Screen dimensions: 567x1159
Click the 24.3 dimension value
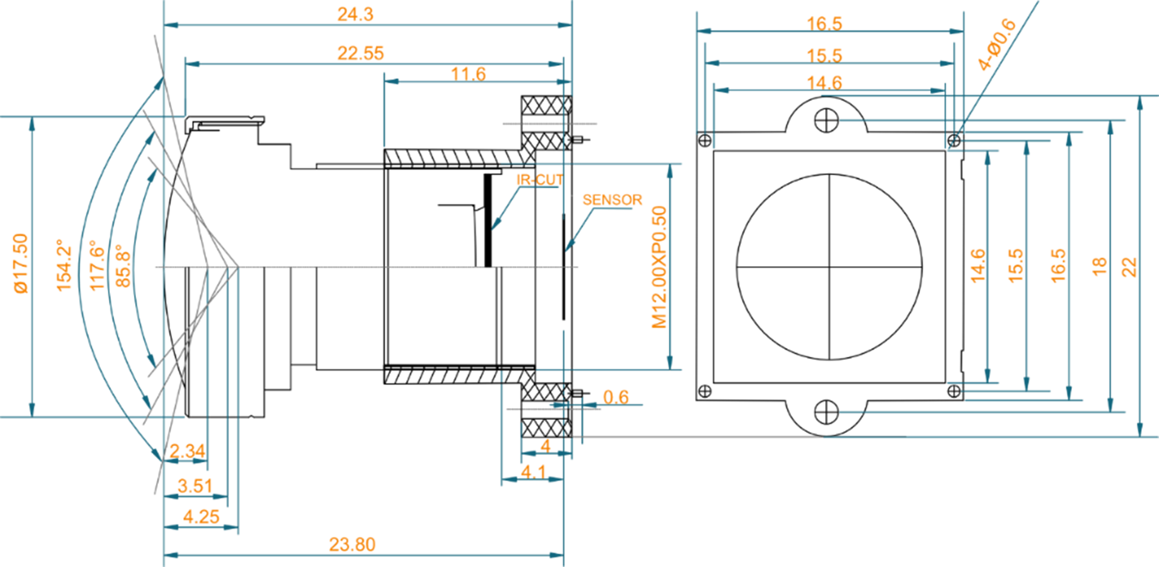click(355, 14)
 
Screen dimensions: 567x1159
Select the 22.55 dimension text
click(360, 53)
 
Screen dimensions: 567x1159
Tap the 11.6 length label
click(468, 74)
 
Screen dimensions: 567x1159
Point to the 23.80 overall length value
click(352, 544)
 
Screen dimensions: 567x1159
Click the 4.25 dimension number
click(201, 516)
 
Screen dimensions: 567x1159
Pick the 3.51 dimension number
click(195, 486)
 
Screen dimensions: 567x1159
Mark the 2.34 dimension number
click(187, 451)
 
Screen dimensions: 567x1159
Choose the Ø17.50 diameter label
click(21, 264)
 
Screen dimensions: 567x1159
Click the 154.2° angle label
click(64, 266)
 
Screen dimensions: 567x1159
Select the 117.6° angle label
click(97, 266)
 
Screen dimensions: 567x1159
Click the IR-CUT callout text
click(539, 180)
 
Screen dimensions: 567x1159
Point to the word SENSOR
click(612, 200)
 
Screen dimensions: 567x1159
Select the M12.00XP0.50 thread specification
click(659, 267)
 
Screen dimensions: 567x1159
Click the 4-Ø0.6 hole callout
click(997, 44)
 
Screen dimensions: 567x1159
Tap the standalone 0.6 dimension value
click(616, 397)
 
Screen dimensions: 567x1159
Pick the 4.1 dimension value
click(533, 471)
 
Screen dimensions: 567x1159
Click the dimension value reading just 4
click(545, 446)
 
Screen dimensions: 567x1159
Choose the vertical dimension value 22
click(1128, 267)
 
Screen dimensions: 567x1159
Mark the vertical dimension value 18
click(1099, 267)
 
